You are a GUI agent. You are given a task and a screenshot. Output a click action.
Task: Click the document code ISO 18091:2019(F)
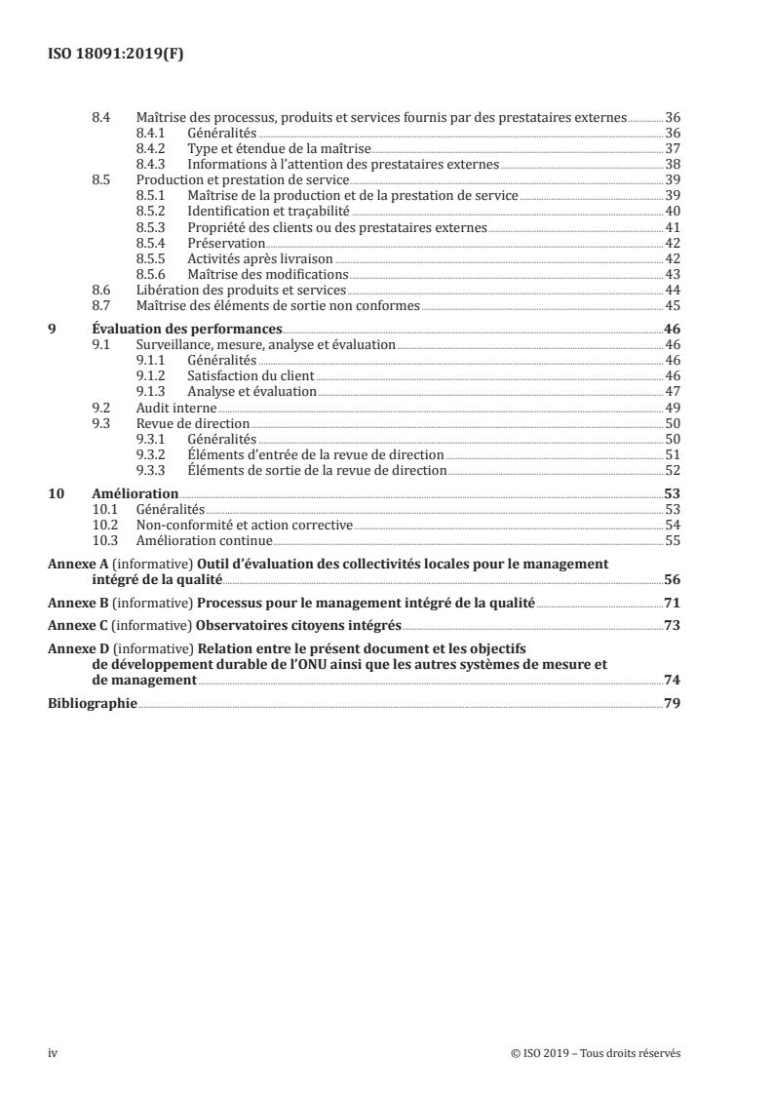(x=116, y=55)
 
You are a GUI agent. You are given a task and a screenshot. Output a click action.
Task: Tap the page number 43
(x=672, y=274)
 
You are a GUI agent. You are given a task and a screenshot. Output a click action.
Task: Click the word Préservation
(x=226, y=243)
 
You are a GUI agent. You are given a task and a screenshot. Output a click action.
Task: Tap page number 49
(x=672, y=407)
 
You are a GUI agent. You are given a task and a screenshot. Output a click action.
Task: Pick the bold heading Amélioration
(x=135, y=493)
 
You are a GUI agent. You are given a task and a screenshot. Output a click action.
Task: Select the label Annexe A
(x=77, y=564)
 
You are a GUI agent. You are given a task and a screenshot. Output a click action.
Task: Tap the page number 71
(x=672, y=603)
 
